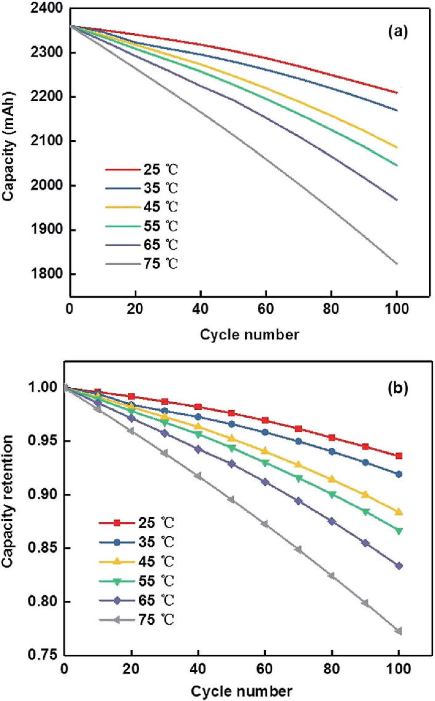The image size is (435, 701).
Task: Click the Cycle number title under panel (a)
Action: (249, 335)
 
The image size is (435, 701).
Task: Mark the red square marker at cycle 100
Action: (399, 456)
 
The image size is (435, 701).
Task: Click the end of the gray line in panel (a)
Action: (397, 263)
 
